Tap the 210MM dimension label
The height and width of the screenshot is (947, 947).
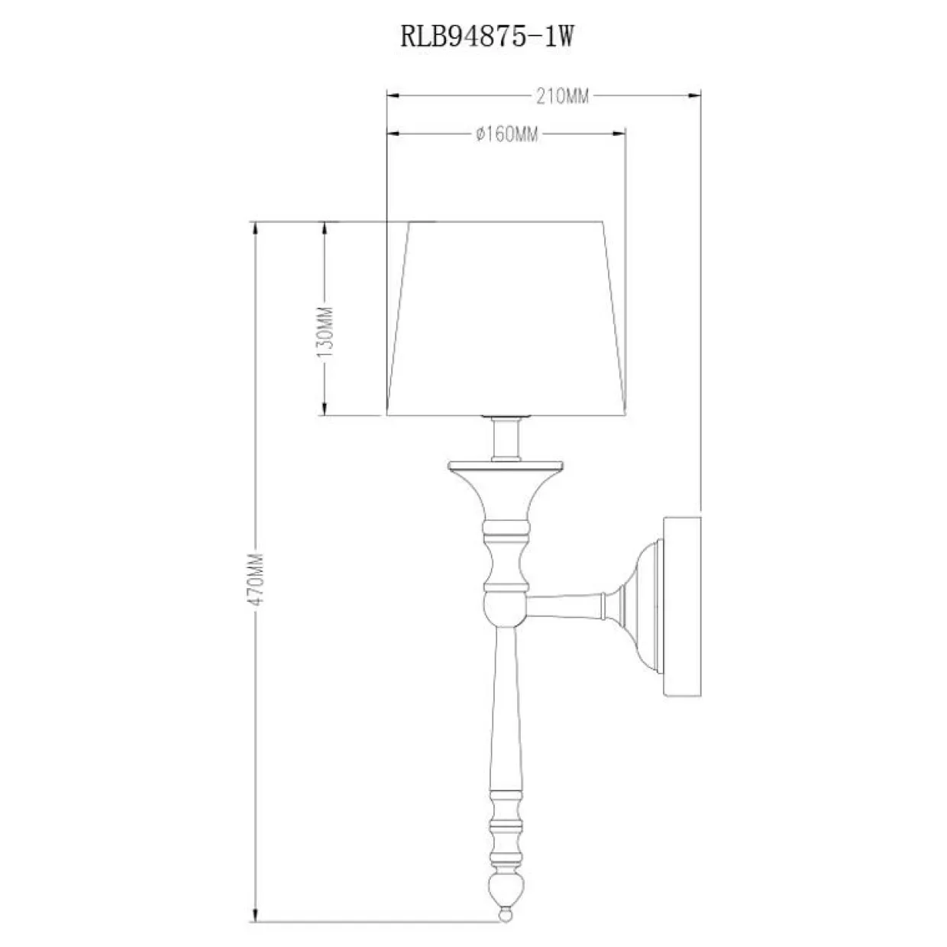[565, 96]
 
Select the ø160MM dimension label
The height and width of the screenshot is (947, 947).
[506, 134]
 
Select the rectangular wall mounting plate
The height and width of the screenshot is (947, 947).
[681, 607]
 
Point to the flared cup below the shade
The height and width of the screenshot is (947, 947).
[506, 489]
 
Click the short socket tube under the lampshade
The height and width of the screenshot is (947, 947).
[505, 438]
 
